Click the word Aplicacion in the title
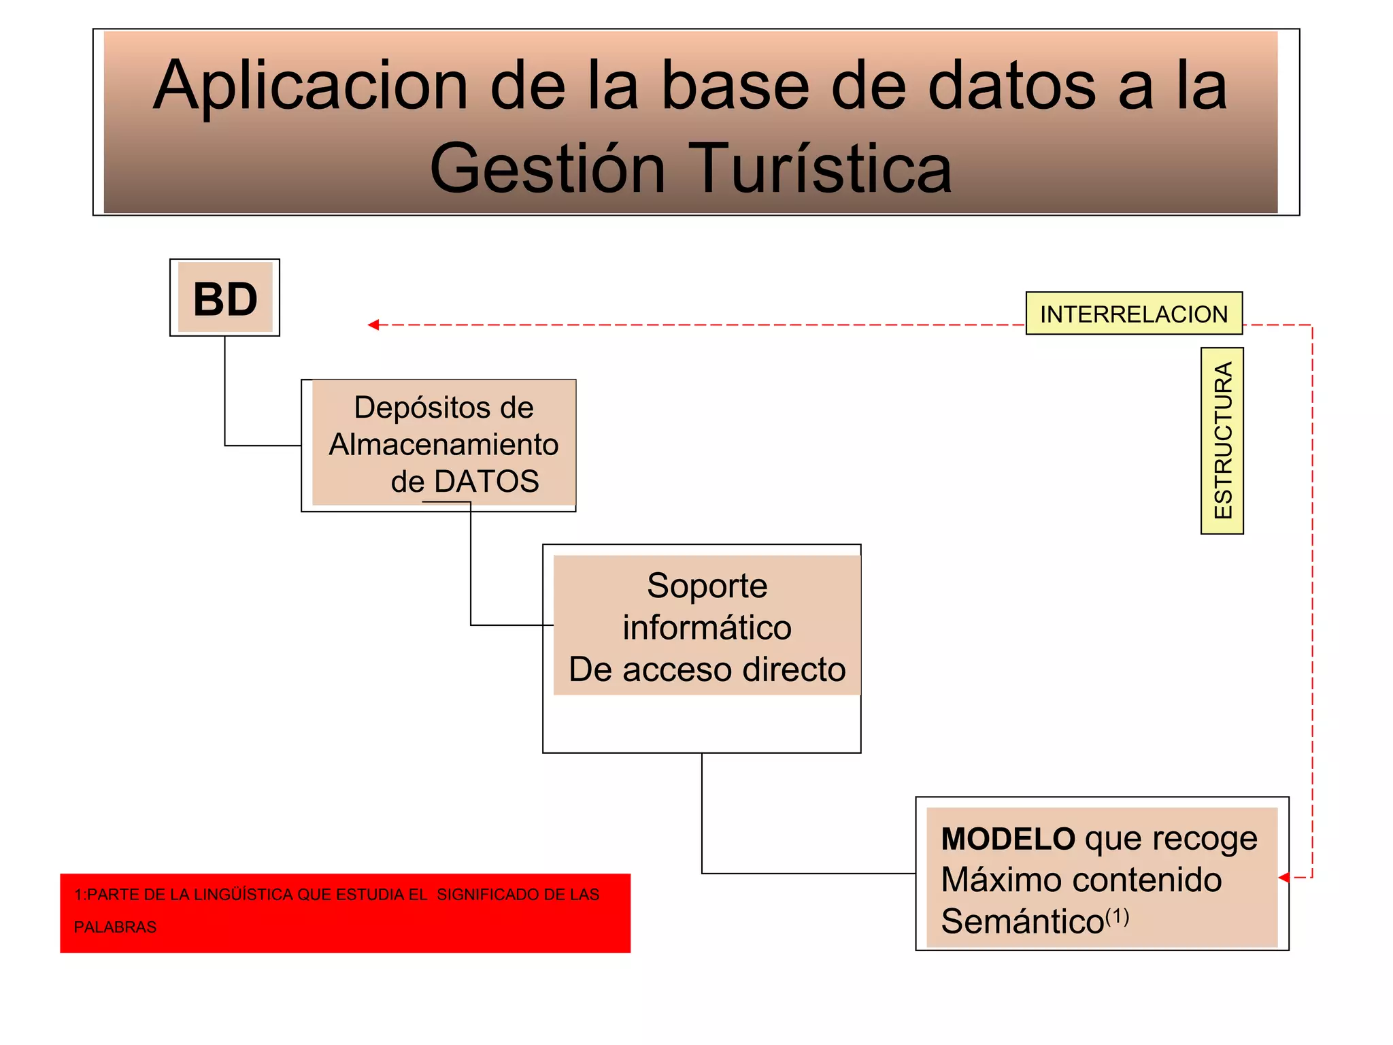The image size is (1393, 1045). [310, 87]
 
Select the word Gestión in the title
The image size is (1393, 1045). [548, 169]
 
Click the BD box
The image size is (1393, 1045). [225, 298]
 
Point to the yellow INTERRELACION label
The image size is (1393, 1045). [1134, 314]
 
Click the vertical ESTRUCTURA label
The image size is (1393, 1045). [1222, 441]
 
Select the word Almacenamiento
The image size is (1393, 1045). [443, 445]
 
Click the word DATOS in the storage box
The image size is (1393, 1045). [486, 482]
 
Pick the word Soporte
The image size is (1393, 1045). [707, 586]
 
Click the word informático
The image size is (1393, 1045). [707, 627]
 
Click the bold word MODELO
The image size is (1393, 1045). [1008, 839]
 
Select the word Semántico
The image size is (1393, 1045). [1022, 922]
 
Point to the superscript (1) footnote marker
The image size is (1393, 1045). [1118, 916]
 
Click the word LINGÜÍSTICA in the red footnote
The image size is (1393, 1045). [244, 895]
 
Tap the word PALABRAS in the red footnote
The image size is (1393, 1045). [115, 927]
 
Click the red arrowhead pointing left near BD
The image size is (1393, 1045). [373, 325]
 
